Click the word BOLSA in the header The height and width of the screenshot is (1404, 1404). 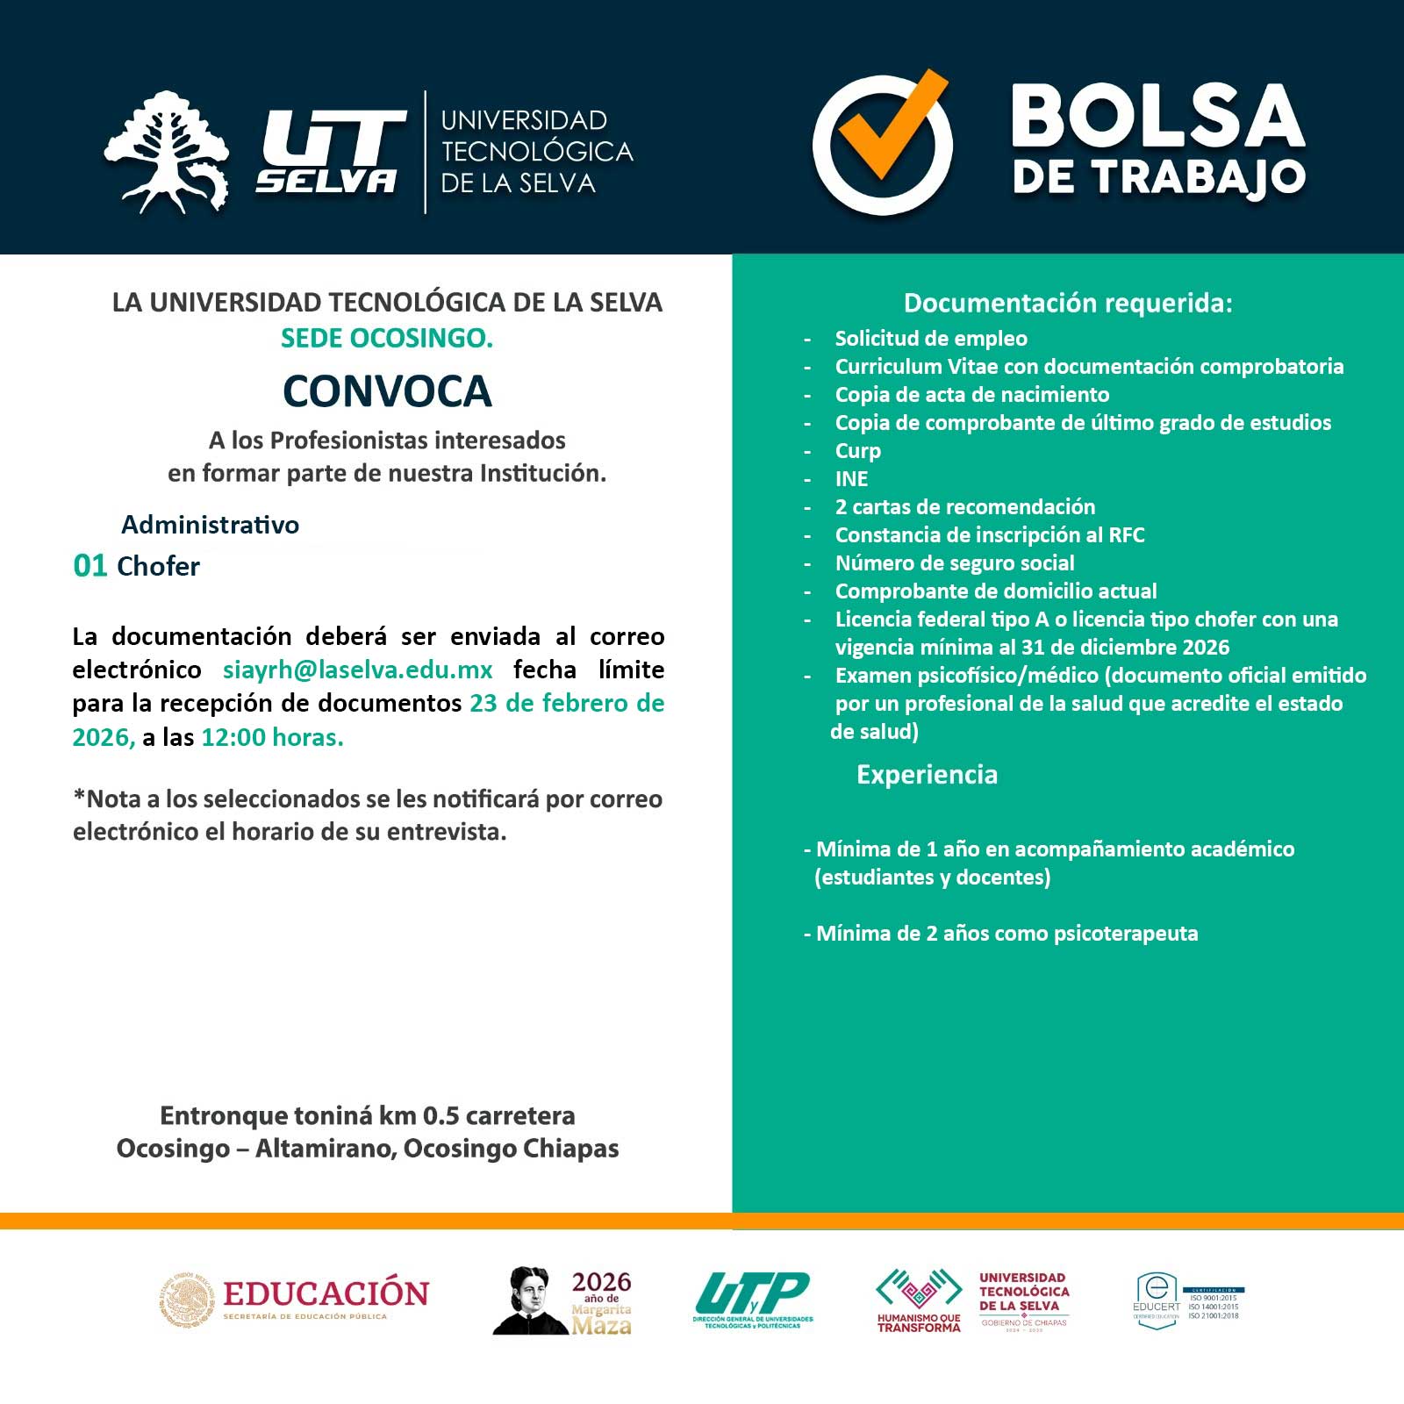pyautogui.click(x=1157, y=116)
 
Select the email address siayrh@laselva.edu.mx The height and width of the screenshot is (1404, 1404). pyautogui.click(x=357, y=670)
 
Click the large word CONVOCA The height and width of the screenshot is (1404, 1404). pyautogui.click(x=387, y=391)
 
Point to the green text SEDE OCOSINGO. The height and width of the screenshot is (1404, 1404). pyautogui.click(x=387, y=338)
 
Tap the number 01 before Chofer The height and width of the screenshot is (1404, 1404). pyautogui.click(x=90, y=566)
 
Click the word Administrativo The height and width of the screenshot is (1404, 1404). pyautogui.click(x=210, y=525)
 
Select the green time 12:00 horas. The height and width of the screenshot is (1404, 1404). pyautogui.click(x=272, y=737)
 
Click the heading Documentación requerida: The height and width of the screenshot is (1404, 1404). pyautogui.click(x=1068, y=303)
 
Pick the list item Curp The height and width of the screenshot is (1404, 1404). pyautogui.click(x=857, y=451)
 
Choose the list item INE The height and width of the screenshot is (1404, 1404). pyautogui.click(x=851, y=479)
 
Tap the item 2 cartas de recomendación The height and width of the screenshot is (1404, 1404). pyautogui.click(x=964, y=507)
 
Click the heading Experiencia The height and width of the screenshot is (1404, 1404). pyautogui.click(x=927, y=775)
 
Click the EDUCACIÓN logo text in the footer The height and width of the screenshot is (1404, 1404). pyautogui.click(x=326, y=1294)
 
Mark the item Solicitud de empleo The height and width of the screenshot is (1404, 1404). pyautogui.click(x=930, y=339)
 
